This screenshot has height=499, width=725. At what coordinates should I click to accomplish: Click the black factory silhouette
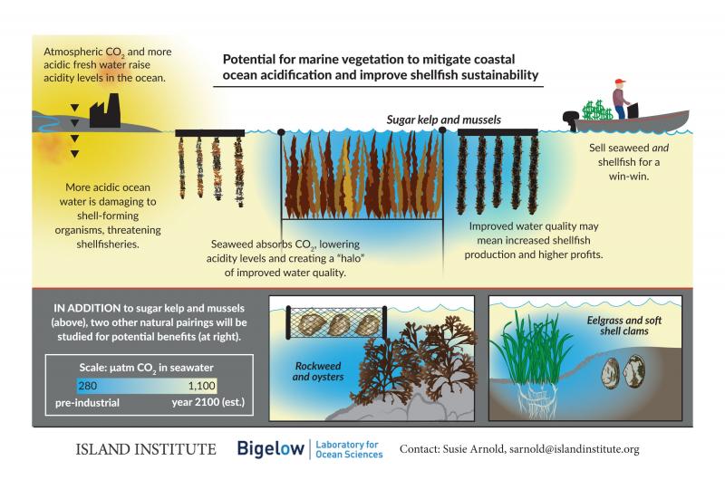click(105, 111)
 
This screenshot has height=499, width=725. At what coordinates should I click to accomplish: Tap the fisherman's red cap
click(620, 82)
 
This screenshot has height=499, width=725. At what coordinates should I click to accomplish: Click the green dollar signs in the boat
click(597, 110)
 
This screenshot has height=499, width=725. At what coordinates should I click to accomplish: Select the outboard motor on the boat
click(570, 120)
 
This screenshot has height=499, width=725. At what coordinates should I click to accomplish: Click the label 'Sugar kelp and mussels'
click(444, 120)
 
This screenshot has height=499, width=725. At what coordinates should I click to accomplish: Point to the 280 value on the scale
click(87, 386)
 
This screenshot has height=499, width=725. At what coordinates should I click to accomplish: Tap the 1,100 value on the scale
click(201, 386)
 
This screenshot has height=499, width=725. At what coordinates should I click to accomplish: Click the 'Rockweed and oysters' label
click(318, 371)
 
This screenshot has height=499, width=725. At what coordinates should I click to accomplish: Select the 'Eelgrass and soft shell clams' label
click(624, 326)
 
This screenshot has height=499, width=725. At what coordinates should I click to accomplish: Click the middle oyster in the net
click(339, 325)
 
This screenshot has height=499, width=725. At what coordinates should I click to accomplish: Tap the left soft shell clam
click(611, 373)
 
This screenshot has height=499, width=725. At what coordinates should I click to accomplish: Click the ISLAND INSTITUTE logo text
click(146, 449)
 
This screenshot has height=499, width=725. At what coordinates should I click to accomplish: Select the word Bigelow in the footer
click(270, 448)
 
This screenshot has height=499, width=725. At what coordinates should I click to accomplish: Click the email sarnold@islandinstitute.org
click(575, 449)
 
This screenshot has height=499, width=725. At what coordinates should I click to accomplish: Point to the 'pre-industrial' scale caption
click(87, 403)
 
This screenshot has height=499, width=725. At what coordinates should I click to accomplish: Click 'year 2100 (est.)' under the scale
click(208, 402)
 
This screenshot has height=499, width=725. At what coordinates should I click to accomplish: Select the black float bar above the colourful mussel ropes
click(210, 133)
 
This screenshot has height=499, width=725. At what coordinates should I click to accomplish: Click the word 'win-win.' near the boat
click(629, 176)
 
